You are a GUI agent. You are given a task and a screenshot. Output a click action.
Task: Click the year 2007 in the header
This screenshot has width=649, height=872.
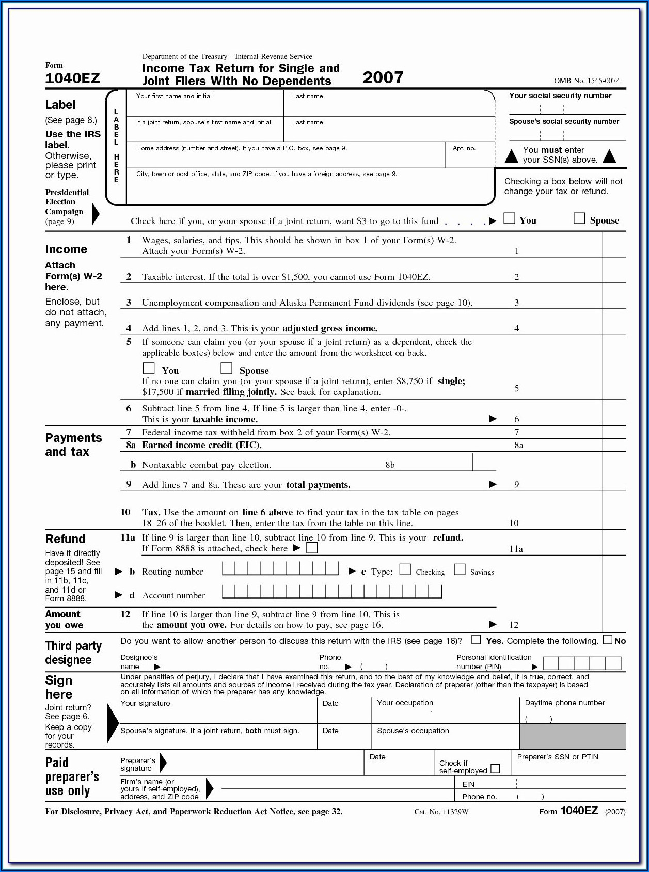(383, 77)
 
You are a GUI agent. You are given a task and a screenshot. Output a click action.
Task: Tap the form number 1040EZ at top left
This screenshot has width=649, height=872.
(72, 78)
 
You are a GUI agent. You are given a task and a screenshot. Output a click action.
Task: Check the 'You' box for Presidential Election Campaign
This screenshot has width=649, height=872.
(509, 218)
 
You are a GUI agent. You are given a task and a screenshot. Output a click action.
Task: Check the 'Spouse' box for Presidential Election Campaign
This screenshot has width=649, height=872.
(579, 218)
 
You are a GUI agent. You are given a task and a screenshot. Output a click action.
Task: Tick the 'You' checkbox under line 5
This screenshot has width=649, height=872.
(149, 368)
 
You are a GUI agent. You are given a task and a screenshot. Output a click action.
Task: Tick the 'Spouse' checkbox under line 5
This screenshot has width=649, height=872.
(226, 368)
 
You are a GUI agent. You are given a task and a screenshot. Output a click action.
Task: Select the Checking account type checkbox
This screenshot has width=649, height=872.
(405, 569)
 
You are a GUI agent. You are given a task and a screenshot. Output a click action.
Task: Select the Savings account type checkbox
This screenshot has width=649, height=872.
(460, 569)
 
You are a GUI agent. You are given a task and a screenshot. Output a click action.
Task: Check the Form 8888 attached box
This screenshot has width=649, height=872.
(312, 548)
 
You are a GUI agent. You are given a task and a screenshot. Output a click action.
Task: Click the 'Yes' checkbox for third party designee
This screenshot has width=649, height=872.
(476, 640)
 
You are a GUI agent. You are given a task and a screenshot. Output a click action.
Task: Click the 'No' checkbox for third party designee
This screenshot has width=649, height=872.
(608, 640)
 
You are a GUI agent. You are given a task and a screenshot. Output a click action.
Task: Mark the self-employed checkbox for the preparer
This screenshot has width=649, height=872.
(495, 769)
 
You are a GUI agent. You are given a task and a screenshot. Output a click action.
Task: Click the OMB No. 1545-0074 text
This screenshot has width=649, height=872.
(587, 81)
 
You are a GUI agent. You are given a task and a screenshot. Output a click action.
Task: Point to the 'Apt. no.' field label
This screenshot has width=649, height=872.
(464, 148)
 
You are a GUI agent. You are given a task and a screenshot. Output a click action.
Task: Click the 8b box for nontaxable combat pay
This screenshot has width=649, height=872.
(484, 463)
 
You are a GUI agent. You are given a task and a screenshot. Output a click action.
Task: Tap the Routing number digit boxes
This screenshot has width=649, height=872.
(280, 569)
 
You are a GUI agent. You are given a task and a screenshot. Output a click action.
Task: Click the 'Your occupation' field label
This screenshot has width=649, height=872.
(405, 703)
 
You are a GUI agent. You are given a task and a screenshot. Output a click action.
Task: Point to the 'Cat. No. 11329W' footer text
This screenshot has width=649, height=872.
(441, 812)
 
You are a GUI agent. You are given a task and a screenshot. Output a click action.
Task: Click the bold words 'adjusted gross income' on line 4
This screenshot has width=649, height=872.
(329, 328)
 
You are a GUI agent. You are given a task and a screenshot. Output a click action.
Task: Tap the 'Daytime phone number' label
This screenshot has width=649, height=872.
(564, 703)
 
